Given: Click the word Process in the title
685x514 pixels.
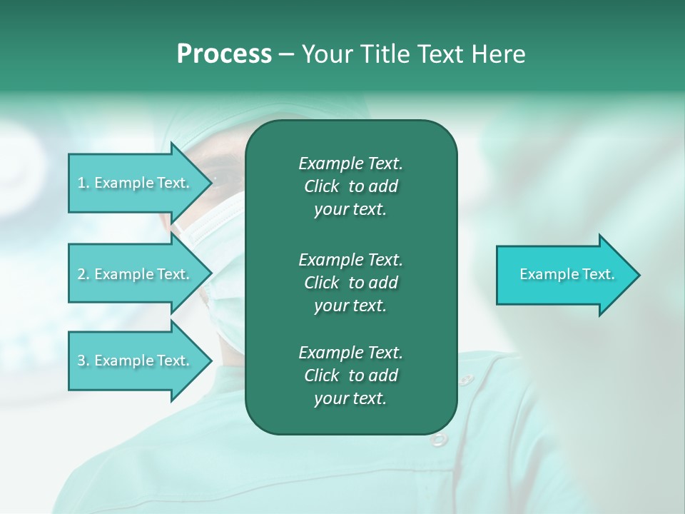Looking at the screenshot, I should coord(224,54).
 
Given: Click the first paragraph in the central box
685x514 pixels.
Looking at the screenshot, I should coord(350,186).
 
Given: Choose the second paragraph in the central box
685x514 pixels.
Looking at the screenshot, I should coord(350,282).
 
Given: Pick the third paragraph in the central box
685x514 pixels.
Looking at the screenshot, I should coord(350,376).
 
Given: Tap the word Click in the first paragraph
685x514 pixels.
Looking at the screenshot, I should coord(321,186).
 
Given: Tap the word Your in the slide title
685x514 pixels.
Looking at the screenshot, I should coord(326,54).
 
